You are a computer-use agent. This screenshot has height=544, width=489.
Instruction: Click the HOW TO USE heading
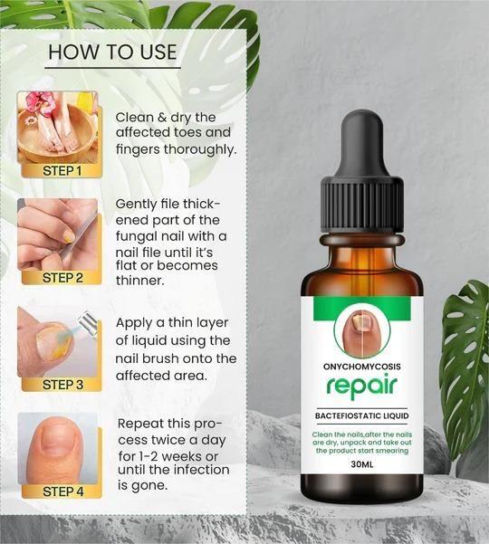point(112,52)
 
